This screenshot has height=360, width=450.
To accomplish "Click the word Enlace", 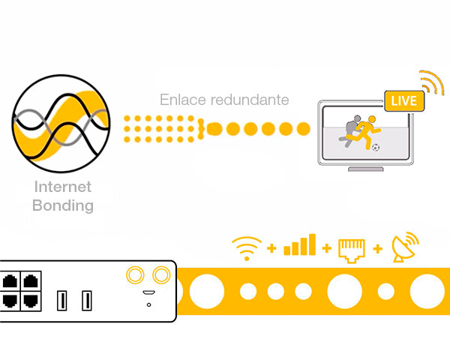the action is tap(183, 100).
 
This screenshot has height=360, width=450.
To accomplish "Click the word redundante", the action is tap(250, 100).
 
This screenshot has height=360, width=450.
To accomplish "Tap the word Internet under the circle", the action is tap(63, 187).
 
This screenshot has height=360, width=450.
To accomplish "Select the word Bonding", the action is tap(63, 205).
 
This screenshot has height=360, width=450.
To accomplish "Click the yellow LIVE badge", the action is tap(404, 100).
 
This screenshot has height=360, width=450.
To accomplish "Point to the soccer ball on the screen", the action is tap(376, 147).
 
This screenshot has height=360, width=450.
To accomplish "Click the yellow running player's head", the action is tap(372, 118).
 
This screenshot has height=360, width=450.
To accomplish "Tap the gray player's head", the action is tap(357, 118).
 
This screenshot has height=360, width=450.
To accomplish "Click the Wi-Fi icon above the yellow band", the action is tap(247, 248).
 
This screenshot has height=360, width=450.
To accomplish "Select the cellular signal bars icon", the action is tap(299, 244).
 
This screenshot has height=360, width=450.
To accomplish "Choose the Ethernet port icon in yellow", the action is tap(352, 250).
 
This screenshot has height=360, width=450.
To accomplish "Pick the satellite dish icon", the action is tap(405, 247).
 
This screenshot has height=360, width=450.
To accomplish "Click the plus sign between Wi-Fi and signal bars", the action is tap(271, 248).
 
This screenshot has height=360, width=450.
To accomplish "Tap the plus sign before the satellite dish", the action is tap(378, 248).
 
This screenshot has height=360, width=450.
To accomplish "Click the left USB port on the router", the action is tap(62, 301).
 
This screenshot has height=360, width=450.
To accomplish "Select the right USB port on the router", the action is tap(87, 301).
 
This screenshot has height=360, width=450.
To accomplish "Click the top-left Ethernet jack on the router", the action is tap(10, 281).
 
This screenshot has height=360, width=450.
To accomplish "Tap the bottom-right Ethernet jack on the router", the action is tap(31, 301).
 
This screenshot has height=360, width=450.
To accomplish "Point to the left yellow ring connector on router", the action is tap(135, 274).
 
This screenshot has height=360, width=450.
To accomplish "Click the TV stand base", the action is tap(366, 169).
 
